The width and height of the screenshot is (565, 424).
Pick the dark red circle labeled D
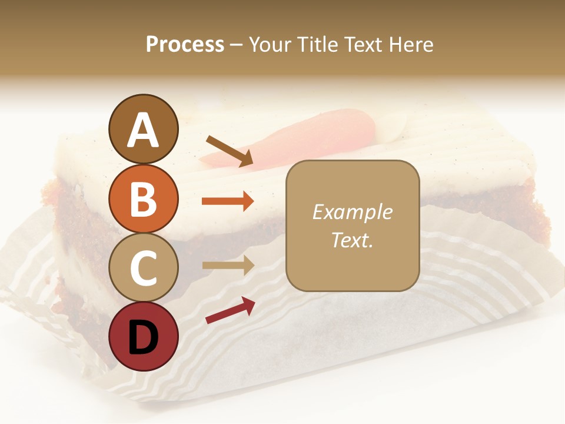click(143, 336)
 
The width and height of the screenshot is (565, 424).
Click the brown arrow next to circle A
click(230, 150)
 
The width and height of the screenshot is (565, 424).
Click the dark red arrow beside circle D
click(230, 310)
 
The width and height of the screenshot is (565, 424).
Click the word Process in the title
click(185, 45)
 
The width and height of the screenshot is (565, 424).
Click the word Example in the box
click(352, 212)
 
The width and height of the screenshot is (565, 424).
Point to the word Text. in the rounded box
click(352, 240)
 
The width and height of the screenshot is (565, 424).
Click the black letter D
click(143, 337)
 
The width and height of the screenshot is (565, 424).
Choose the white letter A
click(143, 130)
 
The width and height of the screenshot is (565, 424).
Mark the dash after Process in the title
click(236, 45)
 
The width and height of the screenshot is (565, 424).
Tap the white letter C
click(143, 267)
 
